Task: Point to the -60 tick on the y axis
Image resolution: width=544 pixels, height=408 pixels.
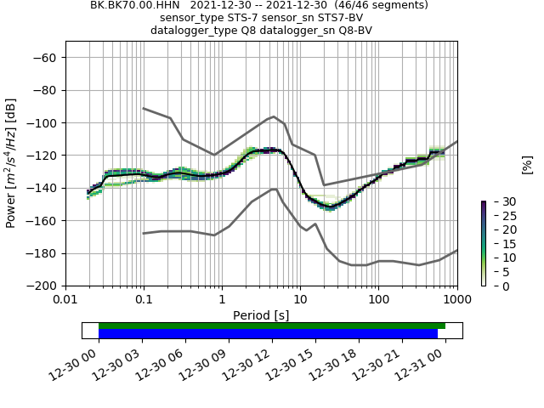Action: (x=47, y=58)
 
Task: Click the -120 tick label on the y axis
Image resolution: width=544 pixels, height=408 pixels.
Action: (x=43, y=156)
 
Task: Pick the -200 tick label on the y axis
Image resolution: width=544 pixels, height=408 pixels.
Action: (x=43, y=286)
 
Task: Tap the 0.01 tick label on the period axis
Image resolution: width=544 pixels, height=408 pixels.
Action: (x=65, y=300)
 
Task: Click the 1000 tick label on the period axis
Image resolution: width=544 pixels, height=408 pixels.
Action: (x=456, y=300)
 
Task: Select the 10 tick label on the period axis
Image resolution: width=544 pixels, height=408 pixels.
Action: (x=300, y=300)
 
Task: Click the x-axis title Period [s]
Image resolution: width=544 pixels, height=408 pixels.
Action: (x=261, y=315)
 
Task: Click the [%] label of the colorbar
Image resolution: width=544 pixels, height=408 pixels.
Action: (x=527, y=164)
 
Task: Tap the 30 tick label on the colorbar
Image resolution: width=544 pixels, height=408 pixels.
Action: (x=498, y=201)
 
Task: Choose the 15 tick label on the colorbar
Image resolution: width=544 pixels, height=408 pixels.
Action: (x=498, y=244)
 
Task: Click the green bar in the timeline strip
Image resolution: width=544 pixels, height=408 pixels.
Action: (x=272, y=326)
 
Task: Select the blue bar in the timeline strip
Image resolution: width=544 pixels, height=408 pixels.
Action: (x=268, y=333)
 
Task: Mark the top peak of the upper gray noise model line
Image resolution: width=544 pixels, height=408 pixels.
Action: (x=275, y=116)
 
